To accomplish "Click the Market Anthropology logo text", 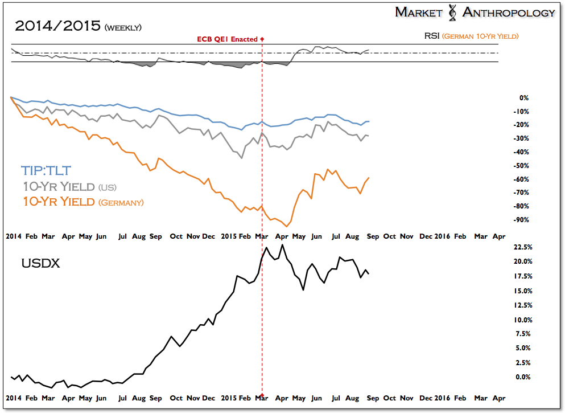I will [475, 13].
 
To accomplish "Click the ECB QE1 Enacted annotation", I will [228, 39].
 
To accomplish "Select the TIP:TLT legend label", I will [46, 170].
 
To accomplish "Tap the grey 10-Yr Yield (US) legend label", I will [69, 186].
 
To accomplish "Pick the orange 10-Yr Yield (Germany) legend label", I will [83, 202].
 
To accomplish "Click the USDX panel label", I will [40, 264].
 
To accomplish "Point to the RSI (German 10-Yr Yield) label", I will [471, 36].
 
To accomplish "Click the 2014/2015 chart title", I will [78, 26].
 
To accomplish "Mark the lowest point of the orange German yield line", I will [286, 226].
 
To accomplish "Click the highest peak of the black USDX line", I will [282, 245].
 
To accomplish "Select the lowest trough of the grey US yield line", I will [241, 158].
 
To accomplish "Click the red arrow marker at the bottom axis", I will [262, 396].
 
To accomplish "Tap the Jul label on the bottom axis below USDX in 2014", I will [122, 398].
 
